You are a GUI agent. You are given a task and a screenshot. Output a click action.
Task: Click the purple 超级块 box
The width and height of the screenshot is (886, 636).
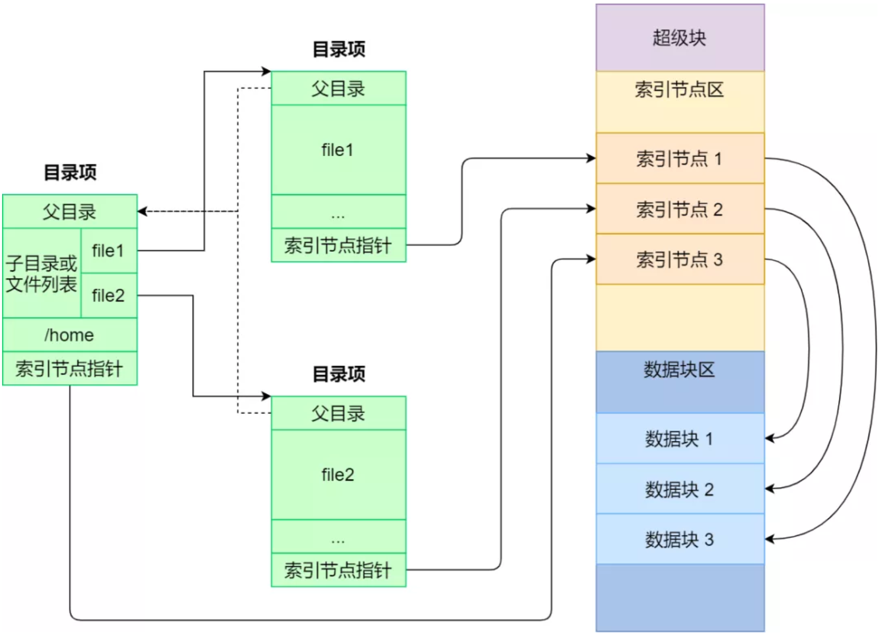tap(680, 38)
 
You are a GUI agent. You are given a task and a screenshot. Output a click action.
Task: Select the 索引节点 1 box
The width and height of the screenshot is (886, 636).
tap(680, 158)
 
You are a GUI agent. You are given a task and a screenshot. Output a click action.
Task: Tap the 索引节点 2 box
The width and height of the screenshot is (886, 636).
tap(680, 209)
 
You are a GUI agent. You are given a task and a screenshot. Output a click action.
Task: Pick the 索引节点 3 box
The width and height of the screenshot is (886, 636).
tap(680, 259)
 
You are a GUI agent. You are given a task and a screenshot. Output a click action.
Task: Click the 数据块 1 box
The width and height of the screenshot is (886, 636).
tap(680, 438)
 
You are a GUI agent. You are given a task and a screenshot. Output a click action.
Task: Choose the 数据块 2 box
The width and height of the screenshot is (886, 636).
tap(680, 489)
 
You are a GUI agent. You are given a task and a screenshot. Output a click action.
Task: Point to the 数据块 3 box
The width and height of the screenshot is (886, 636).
tap(680, 539)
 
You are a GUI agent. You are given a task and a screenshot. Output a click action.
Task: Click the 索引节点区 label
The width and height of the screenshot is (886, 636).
tap(679, 90)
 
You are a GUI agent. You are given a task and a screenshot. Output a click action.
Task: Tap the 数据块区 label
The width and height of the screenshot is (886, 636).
tap(679, 369)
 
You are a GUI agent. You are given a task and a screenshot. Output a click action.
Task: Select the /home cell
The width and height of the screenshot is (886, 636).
tap(70, 335)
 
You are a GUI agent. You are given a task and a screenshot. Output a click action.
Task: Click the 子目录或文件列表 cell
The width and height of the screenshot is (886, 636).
tap(42, 273)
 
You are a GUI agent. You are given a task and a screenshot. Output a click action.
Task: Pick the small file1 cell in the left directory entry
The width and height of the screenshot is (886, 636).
tap(109, 251)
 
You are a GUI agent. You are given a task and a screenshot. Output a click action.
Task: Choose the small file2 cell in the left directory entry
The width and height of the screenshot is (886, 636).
tap(109, 295)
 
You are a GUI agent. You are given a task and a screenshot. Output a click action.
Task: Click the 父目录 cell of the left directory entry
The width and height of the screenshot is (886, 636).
tap(70, 212)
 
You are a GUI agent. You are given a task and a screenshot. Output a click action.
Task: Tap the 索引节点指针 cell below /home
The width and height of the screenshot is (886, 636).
tap(70, 368)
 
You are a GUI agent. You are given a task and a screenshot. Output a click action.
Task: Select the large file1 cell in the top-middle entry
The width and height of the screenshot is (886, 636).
tap(338, 150)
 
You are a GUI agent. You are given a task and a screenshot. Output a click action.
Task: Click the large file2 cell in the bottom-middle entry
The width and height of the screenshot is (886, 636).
tap(338, 475)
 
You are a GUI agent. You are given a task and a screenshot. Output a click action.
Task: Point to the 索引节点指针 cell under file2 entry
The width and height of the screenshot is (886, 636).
tap(338, 570)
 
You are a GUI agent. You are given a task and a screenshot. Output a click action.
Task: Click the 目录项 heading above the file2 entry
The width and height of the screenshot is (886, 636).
tap(339, 374)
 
